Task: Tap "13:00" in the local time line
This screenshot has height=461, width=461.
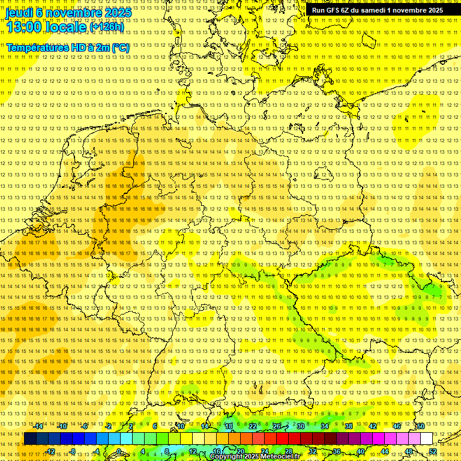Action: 23,26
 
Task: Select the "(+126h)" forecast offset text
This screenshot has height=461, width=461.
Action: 107,27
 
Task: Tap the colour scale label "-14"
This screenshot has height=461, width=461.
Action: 39,426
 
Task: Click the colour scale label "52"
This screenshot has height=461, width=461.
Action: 433,451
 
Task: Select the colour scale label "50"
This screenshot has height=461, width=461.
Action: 420,426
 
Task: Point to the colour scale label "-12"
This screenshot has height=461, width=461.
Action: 50,451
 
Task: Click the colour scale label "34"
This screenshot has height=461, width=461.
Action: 325,426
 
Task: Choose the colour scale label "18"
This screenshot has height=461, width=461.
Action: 229,426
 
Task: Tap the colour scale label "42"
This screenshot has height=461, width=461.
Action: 372,426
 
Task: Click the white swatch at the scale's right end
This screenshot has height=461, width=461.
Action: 426,439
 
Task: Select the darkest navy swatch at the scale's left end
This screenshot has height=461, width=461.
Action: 31,439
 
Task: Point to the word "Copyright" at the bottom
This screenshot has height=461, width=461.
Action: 228,457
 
